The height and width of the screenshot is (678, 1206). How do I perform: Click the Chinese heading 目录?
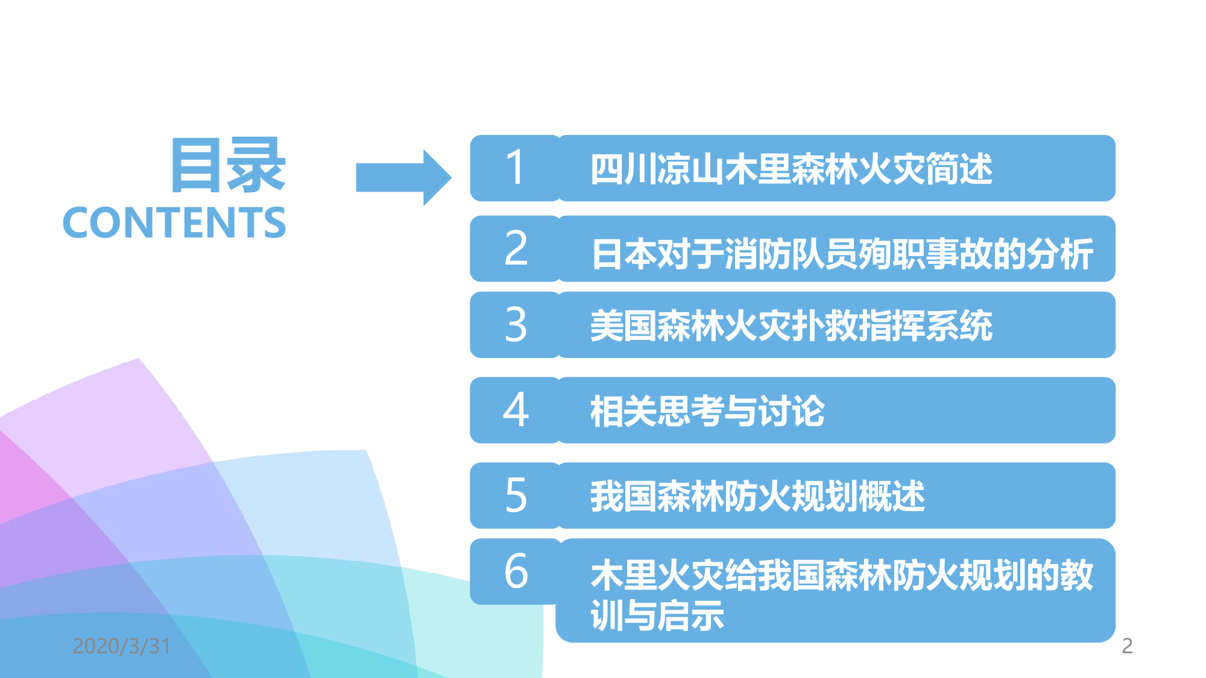pyautogui.click(x=229, y=165)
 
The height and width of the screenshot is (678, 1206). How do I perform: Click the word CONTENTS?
pyautogui.click(x=174, y=222)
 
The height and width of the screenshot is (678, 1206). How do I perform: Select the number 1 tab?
pyautogui.click(x=515, y=168)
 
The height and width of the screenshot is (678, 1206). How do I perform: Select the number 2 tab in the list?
pyautogui.click(x=516, y=248)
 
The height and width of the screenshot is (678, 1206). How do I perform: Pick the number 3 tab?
pyautogui.click(x=516, y=325)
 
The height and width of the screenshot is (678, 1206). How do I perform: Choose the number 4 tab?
pyautogui.click(x=516, y=410)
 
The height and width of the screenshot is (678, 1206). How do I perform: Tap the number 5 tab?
pyautogui.click(x=516, y=495)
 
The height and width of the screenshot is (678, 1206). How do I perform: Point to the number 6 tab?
pyautogui.click(x=516, y=571)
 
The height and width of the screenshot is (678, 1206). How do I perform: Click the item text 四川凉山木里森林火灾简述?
pyautogui.click(x=791, y=169)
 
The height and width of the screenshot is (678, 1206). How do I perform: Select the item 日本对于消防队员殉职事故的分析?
pyautogui.click(x=842, y=254)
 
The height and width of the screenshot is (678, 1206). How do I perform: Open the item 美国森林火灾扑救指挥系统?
pyautogui.click(x=791, y=325)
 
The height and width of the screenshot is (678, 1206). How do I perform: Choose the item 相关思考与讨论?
pyautogui.click(x=707, y=411)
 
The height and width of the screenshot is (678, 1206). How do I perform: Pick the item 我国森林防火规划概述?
pyautogui.click(x=757, y=496)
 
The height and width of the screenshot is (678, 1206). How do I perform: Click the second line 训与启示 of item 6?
pyautogui.click(x=657, y=615)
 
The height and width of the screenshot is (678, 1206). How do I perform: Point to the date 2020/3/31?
pyautogui.click(x=122, y=646)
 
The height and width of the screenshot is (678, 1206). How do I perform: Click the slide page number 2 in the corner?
pyautogui.click(x=1127, y=646)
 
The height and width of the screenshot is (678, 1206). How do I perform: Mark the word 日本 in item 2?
pyautogui.click(x=624, y=254)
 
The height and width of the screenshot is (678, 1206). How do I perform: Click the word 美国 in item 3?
pyautogui.click(x=624, y=325)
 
